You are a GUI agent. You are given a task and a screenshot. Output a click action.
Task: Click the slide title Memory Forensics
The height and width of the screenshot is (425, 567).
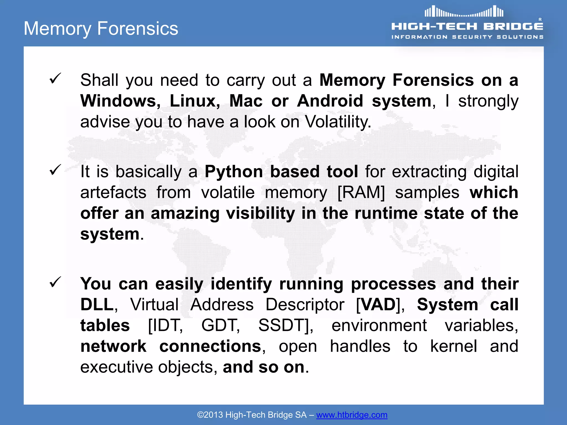pyautogui.click(x=101, y=28)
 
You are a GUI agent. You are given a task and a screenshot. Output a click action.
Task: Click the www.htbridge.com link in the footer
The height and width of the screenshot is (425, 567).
pyautogui.click(x=352, y=415)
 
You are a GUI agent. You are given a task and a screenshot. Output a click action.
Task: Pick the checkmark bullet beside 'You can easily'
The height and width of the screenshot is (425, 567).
pyautogui.click(x=55, y=282)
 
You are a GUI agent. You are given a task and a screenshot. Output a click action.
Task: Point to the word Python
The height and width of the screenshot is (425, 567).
pyautogui.click(x=233, y=172)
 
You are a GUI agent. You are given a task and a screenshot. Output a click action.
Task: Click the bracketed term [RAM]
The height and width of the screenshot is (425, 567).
pyautogui.click(x=361, y=192)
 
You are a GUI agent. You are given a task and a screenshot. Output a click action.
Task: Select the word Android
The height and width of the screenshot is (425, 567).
pyautogui.click(x=329, y=101)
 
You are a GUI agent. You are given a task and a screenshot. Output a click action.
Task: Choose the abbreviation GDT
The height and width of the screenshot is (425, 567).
pyautogui.click(x=219, y=325)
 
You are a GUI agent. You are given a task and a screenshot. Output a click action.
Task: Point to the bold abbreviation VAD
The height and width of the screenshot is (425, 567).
pyautogui.click(x=379, y=304)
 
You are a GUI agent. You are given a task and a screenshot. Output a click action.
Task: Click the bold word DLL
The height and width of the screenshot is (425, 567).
pyautogui.click(x=97, y=304)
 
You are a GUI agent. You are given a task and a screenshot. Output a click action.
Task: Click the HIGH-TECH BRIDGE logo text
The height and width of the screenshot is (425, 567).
pyautogui.click(x=467, y=26)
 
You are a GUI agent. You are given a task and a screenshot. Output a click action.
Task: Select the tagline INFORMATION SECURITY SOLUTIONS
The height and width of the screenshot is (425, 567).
pyautogui.click(x=467, y=37)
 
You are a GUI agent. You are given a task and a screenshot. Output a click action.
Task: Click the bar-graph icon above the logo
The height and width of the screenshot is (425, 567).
pyautogui.click(x=464, y=12)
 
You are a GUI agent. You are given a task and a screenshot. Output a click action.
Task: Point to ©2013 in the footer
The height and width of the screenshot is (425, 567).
pyautogui.click(x=210, y=415)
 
